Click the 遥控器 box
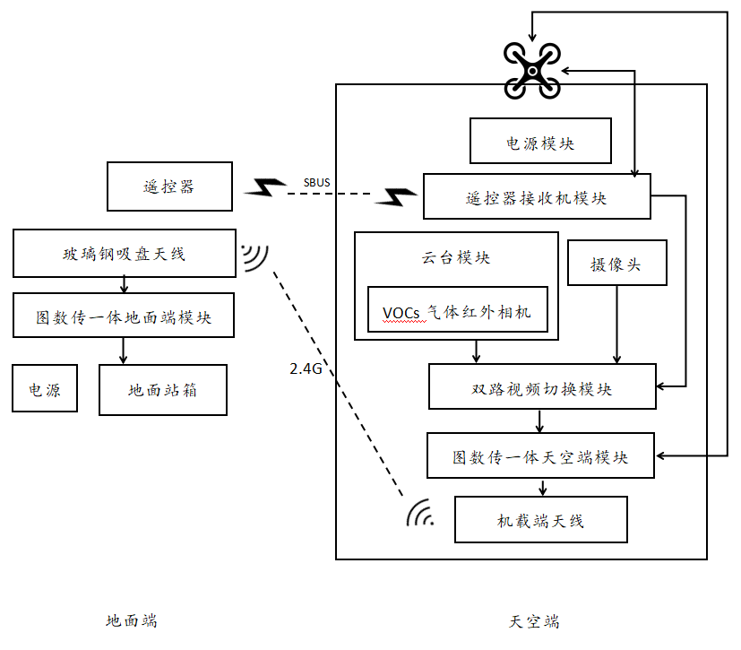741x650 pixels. click(x=169, y=187)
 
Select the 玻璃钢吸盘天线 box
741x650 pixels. click(x=124, y=253)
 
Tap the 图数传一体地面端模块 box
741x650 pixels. click(x=124, y=316)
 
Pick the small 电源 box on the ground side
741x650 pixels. click(x=45, y=390)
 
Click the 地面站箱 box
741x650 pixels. click(x=162, y=390)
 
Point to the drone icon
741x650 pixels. click(x=531, y=69)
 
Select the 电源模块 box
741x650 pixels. click(x=540, y=143)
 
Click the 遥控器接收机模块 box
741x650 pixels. click(x=537, y=197)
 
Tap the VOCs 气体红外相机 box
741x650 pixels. click(x=457, y=310)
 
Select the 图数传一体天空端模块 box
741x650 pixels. click(x=540, y=456)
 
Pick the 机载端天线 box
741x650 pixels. click(x=540, y=519)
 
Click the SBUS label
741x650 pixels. click(x=315, y=183)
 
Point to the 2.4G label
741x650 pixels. click(x=306, y=368)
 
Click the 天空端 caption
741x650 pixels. click(x=535, y=621)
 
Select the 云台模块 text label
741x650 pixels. click(x=456, y=258)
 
